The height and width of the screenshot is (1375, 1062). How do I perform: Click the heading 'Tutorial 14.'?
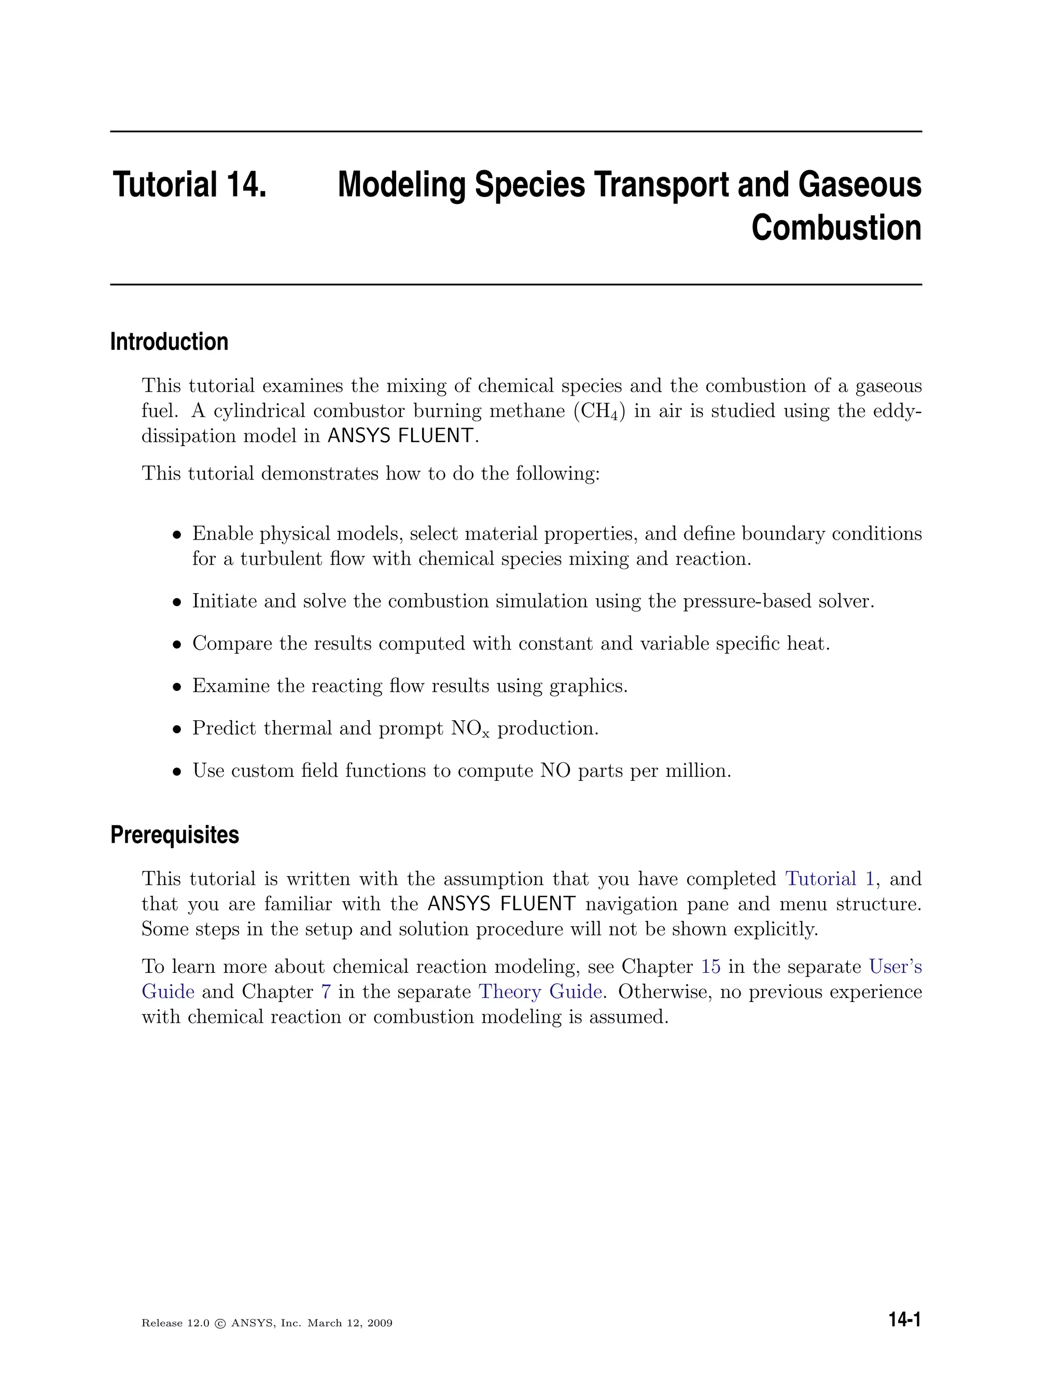tap(189, 185)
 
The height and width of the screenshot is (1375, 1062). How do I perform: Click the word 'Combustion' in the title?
tap(836, 228)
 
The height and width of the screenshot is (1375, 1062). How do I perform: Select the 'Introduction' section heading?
tap(169, 342)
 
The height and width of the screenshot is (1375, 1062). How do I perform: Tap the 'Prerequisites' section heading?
tap(174, 835)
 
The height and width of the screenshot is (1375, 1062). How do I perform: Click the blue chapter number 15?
tap(710, 967)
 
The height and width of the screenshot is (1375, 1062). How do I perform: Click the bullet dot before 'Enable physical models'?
tap(177, 535)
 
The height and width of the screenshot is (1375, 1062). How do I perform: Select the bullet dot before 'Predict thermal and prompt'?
tap(177, 730)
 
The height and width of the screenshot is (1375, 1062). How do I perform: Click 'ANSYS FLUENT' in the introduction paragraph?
tap(400, 436)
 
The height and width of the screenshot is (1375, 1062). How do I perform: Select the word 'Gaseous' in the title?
tap(859, 185)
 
